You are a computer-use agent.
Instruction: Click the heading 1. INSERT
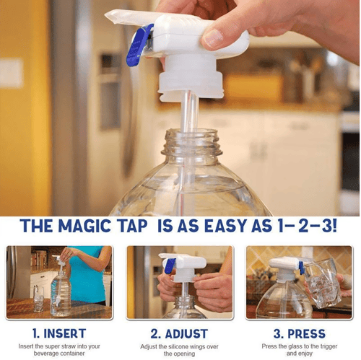(x=59, y=333)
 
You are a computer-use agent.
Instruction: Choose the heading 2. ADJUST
(x=179, y=333)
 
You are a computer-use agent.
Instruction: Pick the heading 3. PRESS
(x=299, y=333)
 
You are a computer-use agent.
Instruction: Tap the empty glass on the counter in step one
(x=38, y=299)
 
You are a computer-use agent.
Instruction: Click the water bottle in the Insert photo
(x=61, y=294)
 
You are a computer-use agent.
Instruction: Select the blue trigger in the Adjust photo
(x=169, y=266)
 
